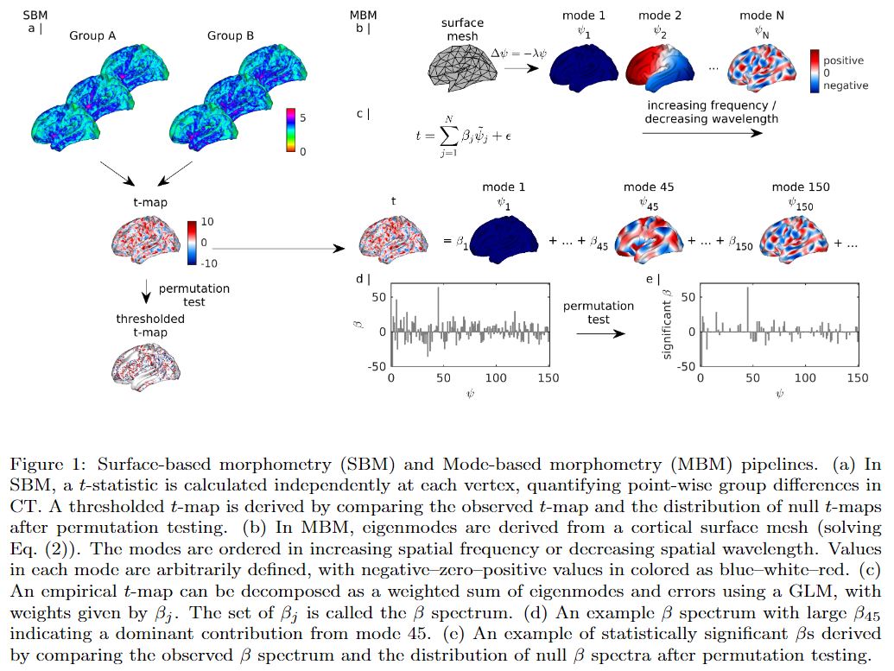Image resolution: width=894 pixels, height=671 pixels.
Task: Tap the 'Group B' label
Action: [x=231, y=35]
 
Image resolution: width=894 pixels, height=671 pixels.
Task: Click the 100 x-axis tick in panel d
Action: [x=497, y=378]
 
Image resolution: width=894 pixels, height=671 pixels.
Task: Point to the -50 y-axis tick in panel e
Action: [x=683, y=367]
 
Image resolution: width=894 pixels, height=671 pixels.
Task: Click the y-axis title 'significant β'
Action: [x=665, y=324]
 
